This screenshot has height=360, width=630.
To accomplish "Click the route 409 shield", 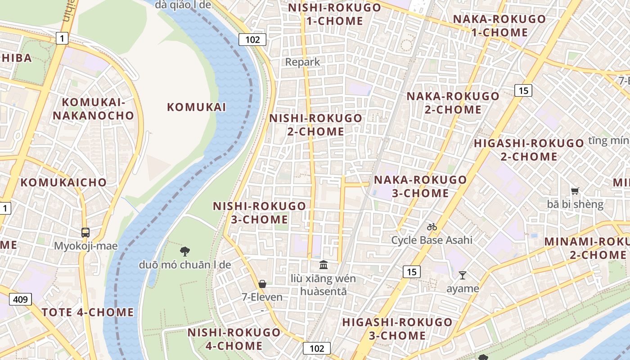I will (20, 299).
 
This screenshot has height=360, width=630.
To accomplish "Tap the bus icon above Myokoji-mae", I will (85, 233).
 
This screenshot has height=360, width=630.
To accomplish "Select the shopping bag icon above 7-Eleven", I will (262, 284).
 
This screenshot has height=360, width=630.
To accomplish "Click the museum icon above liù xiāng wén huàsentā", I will (324, 265).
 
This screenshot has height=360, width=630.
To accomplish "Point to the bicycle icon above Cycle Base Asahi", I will (432, 227).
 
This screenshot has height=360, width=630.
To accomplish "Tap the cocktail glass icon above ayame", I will (462, 275).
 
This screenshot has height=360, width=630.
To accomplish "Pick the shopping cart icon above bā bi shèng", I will (575, 191).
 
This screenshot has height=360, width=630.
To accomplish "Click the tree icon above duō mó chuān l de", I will (184, 251).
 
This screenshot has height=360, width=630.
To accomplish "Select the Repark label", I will (303, 62).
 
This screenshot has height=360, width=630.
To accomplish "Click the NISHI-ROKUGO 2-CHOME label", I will (315, 125).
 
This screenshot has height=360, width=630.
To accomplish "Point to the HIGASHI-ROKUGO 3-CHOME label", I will (397, 328).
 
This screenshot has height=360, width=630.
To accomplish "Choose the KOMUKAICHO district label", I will (63, 182).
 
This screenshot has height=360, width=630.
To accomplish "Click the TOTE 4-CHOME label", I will (88, 312).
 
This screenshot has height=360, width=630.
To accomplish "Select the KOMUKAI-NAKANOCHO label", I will (94, 109).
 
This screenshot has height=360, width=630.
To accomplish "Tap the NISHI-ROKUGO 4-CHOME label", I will (234, 339).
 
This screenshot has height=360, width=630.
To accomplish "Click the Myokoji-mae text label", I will (85, 246).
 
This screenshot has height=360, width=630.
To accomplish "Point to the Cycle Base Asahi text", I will (432, 240).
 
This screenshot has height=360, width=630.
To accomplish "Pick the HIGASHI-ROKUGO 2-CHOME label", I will (529, 150).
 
